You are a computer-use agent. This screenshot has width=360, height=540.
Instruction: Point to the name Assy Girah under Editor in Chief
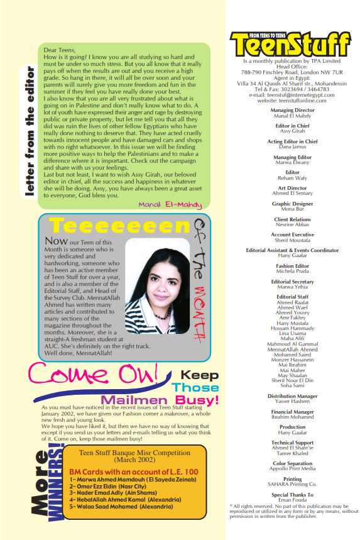pos(292,131)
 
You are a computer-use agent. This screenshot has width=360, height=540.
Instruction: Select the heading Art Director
pos(292,188)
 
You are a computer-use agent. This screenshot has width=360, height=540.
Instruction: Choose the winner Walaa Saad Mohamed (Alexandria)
pos(126,505)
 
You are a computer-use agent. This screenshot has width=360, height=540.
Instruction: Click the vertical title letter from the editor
pos(29,126)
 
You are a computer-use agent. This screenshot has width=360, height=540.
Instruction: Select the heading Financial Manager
pos(292,412)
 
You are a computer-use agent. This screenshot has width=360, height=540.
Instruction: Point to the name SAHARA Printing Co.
pos(292,484)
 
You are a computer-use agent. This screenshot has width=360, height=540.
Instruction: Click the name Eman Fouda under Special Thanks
pos(292,499)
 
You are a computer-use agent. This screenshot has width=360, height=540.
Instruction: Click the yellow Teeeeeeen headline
pos(119,225)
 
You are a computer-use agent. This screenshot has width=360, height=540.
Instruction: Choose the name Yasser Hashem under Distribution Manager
pos(292,401)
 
